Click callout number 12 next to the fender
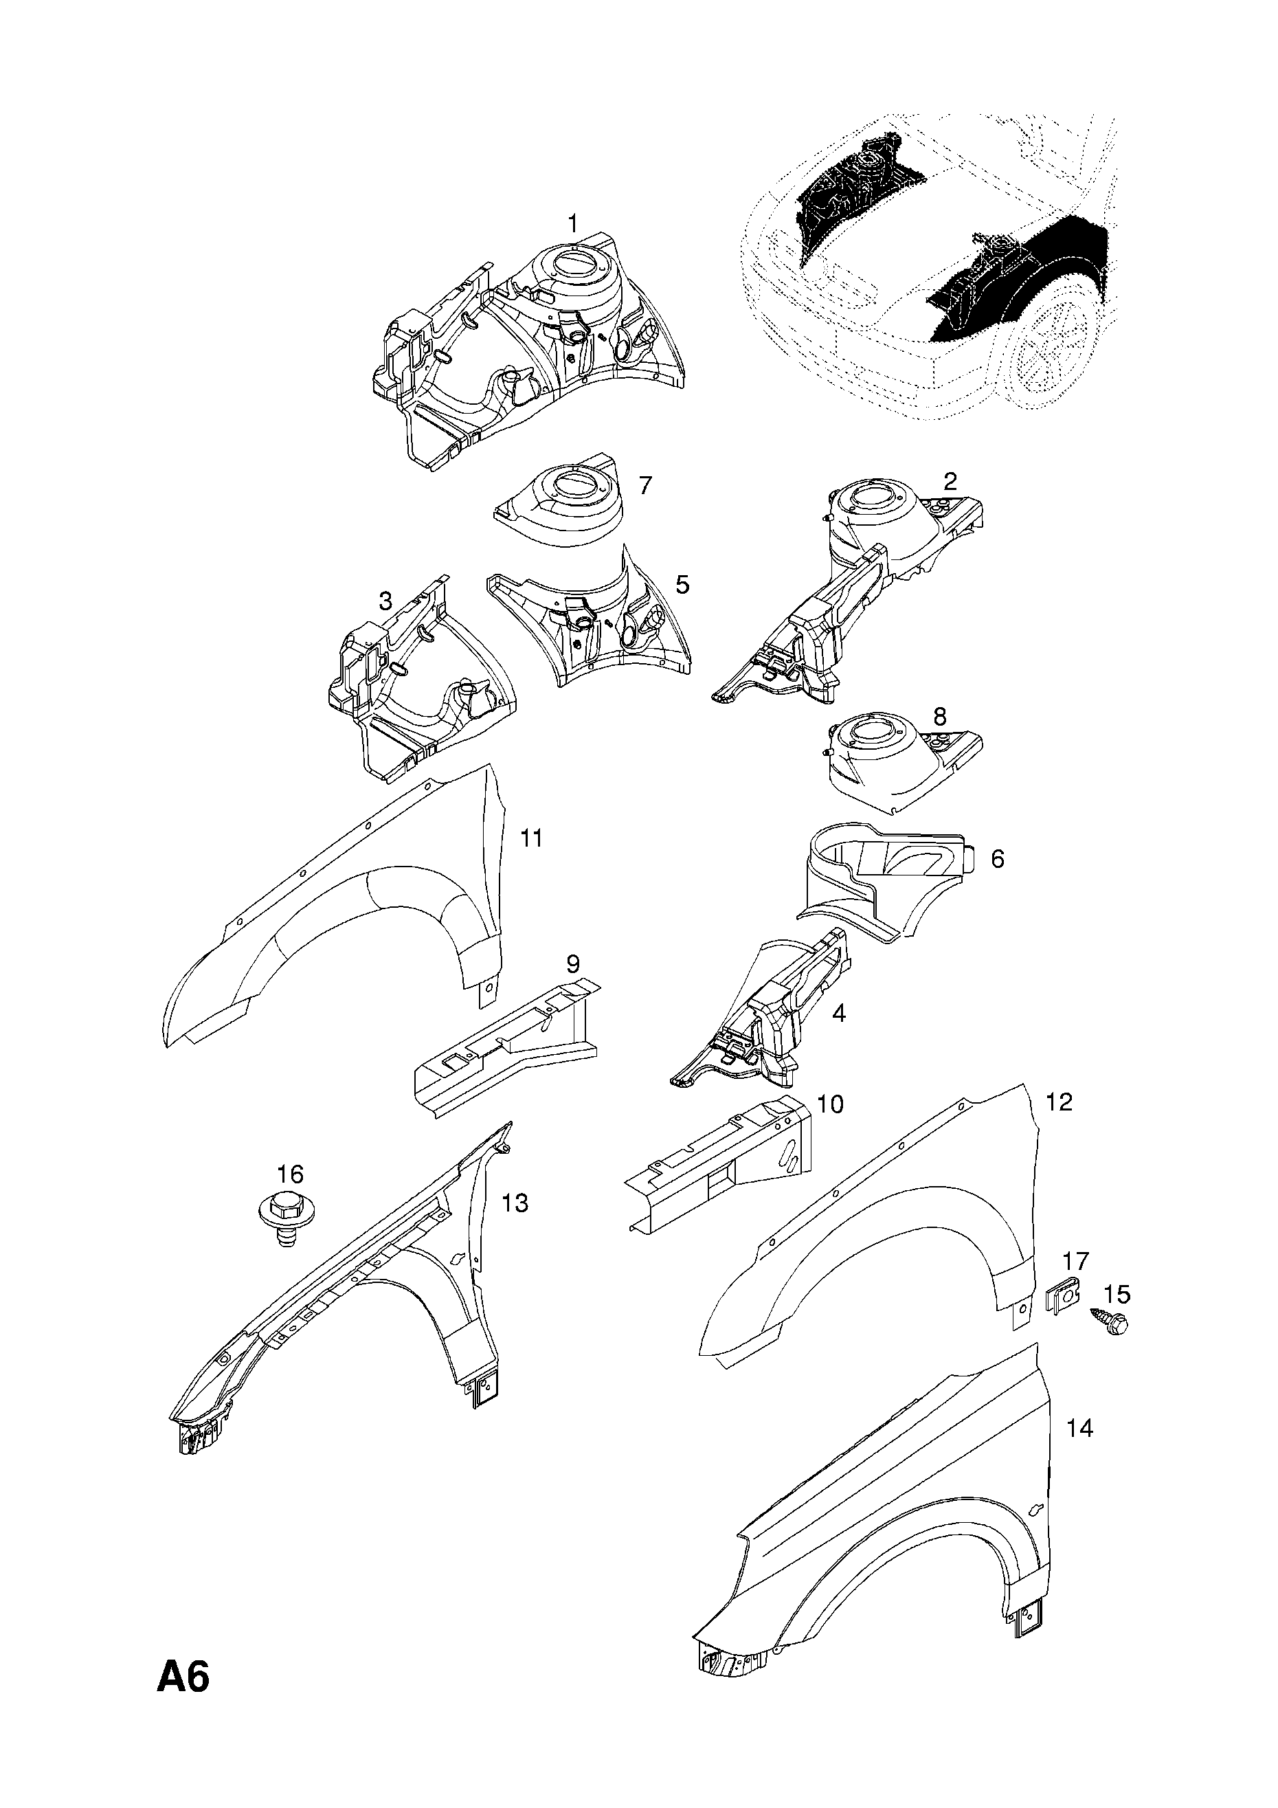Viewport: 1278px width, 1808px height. (1059, 1102)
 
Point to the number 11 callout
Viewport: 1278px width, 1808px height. (532, 838)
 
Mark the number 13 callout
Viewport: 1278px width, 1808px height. (515, 1203)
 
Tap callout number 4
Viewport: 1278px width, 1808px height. (839, 1014)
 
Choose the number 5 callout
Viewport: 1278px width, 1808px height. (682, 584)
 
